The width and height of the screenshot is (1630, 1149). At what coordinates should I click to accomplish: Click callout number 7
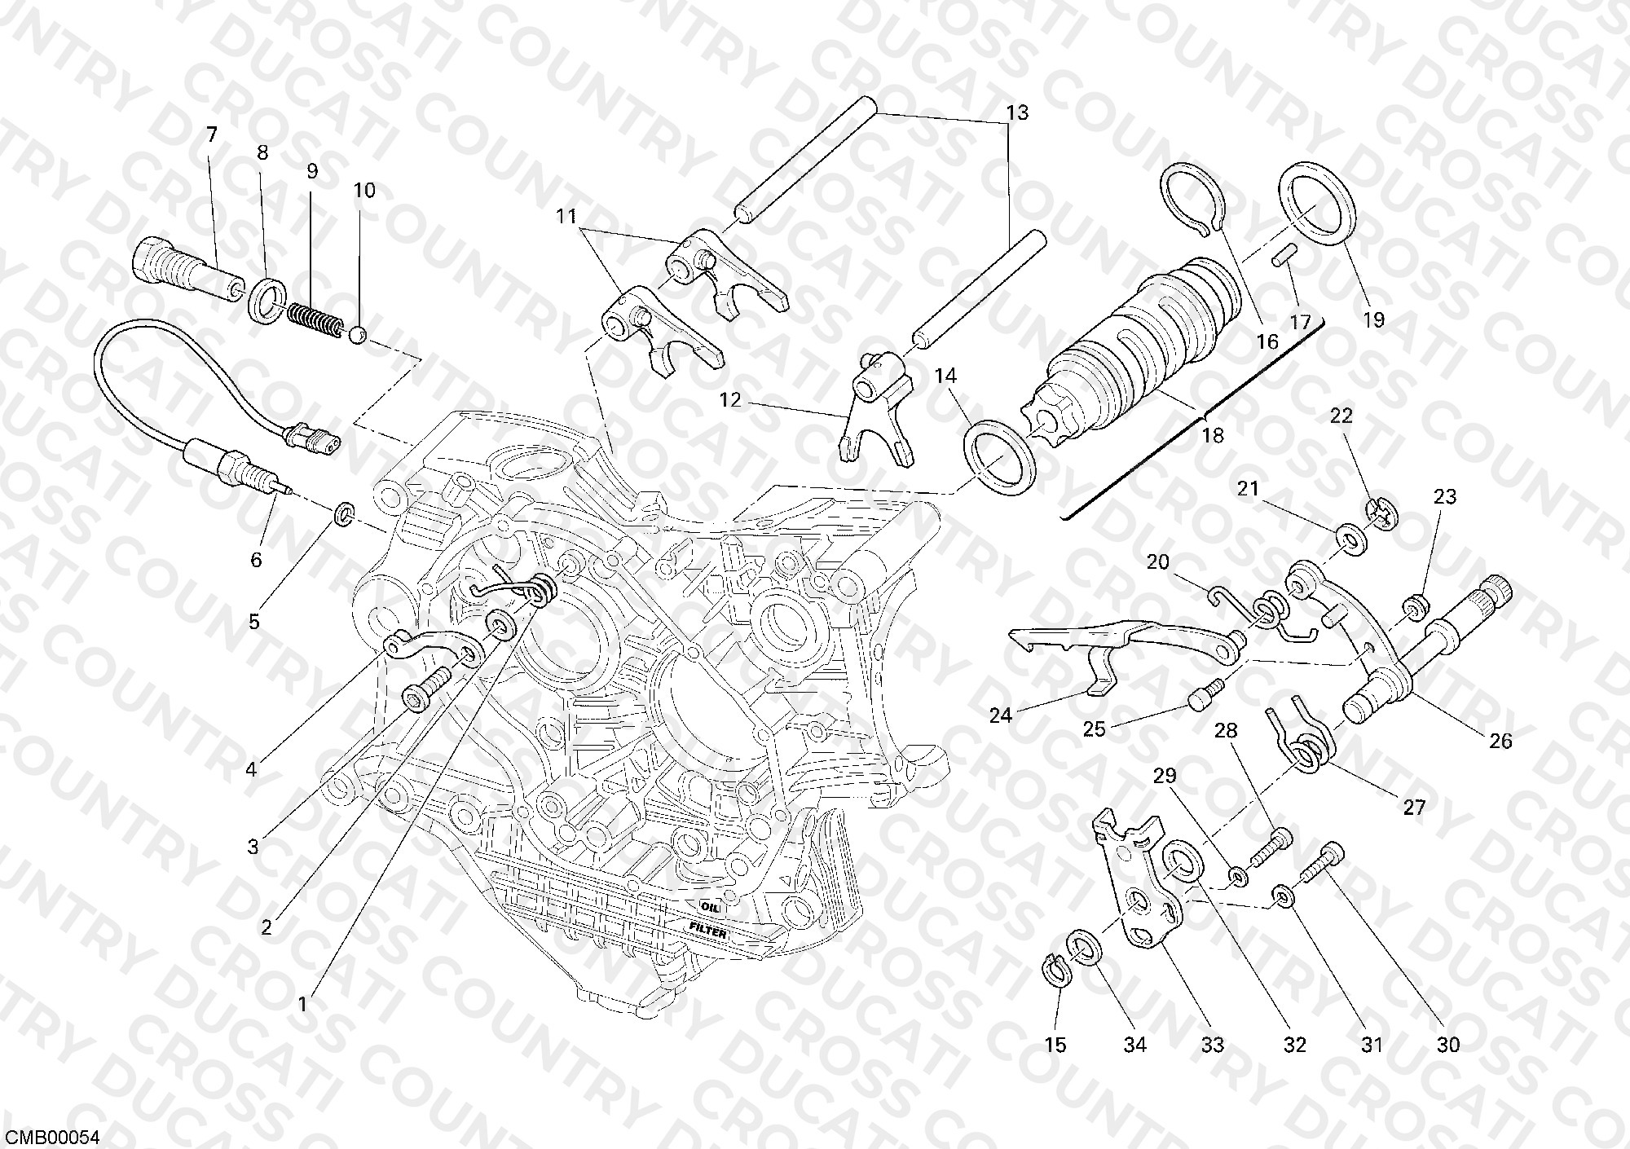coord(212,134)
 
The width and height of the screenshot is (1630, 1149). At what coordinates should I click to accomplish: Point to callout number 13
coord(1018,112)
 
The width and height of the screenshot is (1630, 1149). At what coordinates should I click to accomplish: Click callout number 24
coord(1000,715)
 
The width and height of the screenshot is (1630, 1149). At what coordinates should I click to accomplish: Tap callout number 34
coord(1134,1045)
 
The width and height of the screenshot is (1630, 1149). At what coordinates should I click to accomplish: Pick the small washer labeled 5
coord(346,513)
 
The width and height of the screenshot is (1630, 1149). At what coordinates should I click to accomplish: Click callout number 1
coord(303,1004)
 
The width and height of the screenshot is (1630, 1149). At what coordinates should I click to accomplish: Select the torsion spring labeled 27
coord(1300,737)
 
